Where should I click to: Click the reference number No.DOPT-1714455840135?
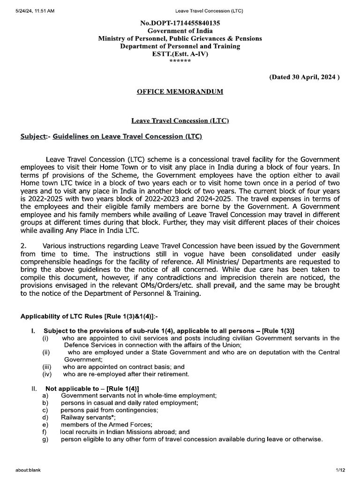(x=180, y=22)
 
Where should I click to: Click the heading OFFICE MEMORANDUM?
(x=180, y=91)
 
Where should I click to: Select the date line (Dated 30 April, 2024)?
(x=304, y=77)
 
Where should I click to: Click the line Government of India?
(x=180, y=30)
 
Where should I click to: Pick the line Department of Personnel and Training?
(x=180, y=46)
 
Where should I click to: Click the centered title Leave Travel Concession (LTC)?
(x=180, y=120)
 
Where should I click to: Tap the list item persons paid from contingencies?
(x=109, y=410)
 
